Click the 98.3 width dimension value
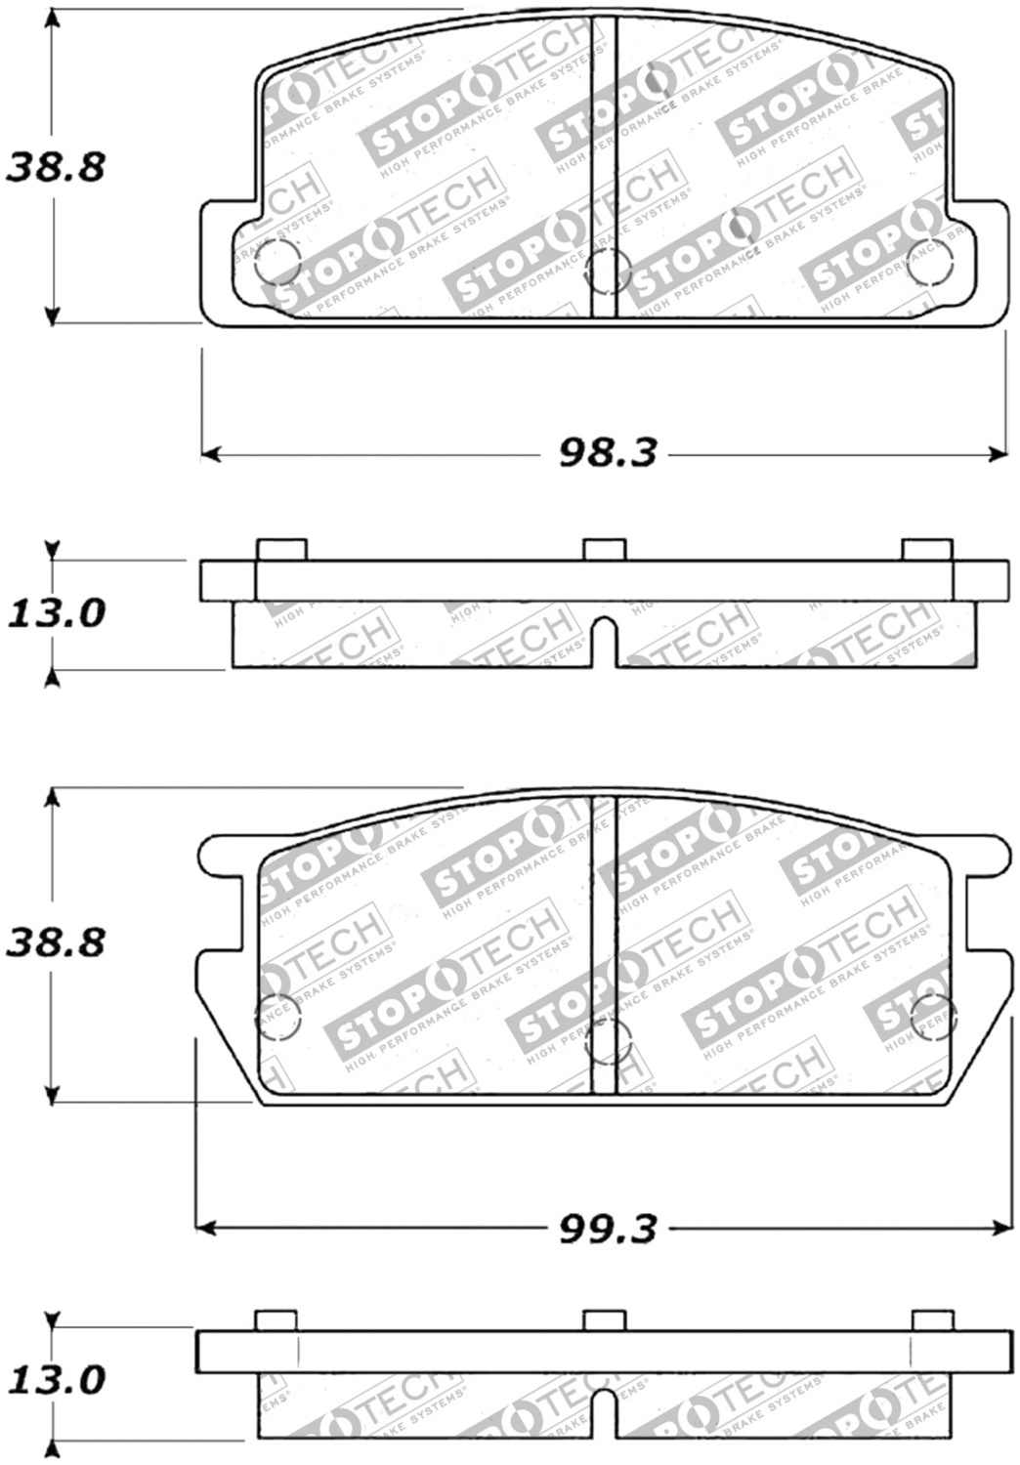tap(607, 452)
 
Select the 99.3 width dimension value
tap(607, 1228)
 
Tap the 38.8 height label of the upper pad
tap(56, 168)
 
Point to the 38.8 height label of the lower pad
tap(56, 943)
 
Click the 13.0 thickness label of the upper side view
tap(56, 614)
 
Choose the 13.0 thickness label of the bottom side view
tap(56, 1381)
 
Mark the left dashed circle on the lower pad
tap(277, 1019)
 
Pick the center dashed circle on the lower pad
tap(606, 1040)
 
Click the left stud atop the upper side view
tap(281, 550)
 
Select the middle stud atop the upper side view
tap(605, 550)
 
